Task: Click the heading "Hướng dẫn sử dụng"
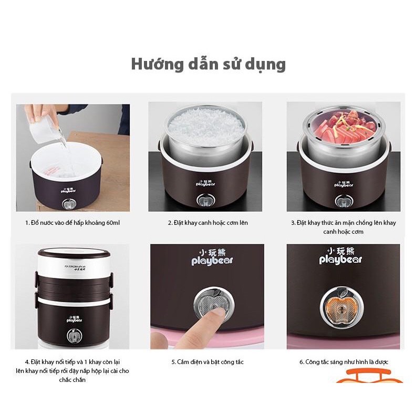[x=207, y=64]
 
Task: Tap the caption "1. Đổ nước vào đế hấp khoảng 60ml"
[x=72, y=223]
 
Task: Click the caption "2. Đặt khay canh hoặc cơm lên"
[x=207, y=223]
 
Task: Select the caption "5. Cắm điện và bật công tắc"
[x=207, y=362]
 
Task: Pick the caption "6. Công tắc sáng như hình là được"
[x=343, y=362]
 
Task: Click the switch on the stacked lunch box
[x=73, y=335]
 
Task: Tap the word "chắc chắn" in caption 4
[x=72, y=379]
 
